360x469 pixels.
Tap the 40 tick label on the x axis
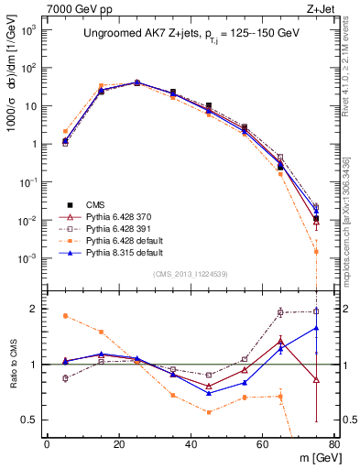pyautogui.click(x=190, y=444)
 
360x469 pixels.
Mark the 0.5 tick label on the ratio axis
pyautogui.click(x=31, y=420)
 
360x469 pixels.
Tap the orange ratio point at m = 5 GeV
pyautogui.click(x=65, y=316)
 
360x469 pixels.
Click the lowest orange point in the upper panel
pyautogui.click(x=316, y=251)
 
